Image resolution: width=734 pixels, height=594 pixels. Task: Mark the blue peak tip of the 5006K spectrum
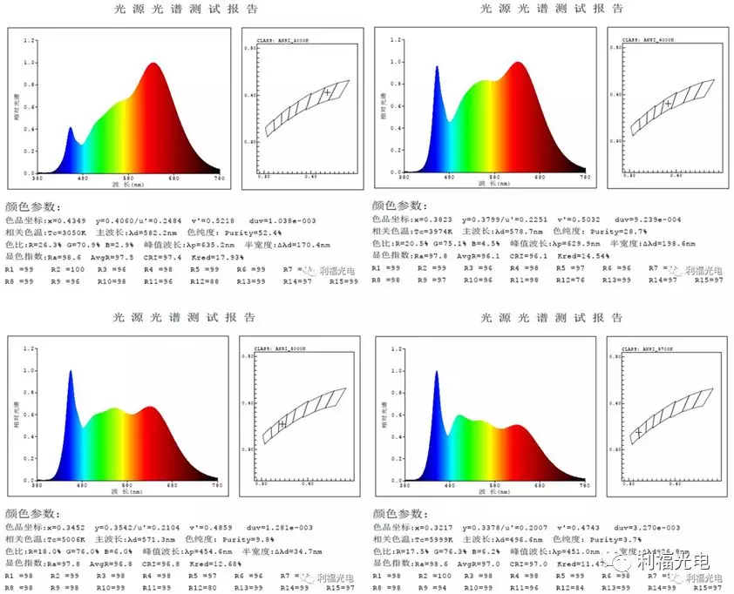pos(70,371)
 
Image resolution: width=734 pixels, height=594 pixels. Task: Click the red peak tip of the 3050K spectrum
pos(154,64)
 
